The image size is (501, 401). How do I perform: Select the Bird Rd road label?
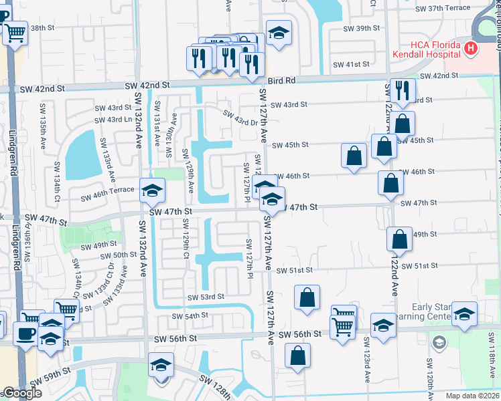tap(281, 81)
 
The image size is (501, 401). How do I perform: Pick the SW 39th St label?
tap(361, 29)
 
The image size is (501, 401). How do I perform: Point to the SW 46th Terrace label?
tap(108, 196)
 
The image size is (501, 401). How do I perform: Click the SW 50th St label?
tap(119, 255)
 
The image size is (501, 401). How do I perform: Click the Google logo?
tap(21, 394)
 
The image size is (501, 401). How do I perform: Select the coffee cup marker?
tap(26, 333)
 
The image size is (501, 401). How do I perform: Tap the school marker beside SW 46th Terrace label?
tap(152, 191)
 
